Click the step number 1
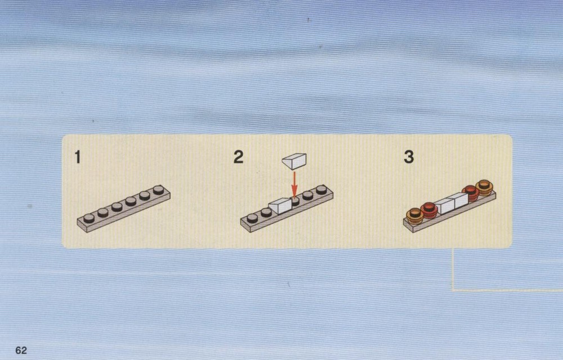point(77,157)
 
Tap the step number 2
point(238,157)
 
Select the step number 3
point(409,157)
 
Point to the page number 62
point(21,350)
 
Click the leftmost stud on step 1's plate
point(89,218)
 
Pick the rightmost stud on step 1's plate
point(158,190)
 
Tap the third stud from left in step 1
point(117,207)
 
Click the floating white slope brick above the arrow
point(294,161)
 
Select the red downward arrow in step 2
point(294,185)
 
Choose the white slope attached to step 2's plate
point(280,206)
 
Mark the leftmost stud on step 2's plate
point(252,217)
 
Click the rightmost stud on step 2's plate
point(321,189)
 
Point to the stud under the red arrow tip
point(295,201)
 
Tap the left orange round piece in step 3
point(415,216)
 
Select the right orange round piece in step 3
point(484,188)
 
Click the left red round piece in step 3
point(429,210)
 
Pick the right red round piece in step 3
point(470,193)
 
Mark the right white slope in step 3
point(458,201)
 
